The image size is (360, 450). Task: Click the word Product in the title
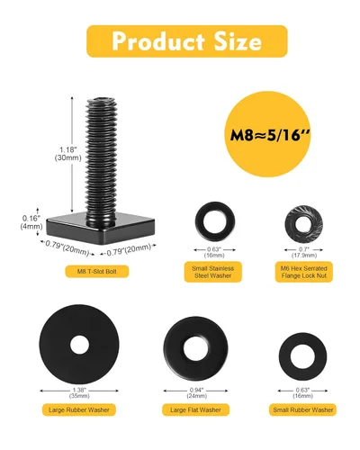point(158,41)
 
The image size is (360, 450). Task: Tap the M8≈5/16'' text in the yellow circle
point(270,135)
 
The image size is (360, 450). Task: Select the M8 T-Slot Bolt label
point(97,272)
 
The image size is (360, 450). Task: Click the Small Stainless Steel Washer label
point(212,272)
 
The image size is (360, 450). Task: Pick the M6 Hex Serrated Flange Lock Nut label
point(304,272)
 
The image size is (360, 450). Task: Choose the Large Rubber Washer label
point(79,409)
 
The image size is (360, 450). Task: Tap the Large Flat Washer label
point(195,409)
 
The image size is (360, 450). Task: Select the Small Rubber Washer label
point(303,409)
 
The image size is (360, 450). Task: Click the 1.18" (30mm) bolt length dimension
point(67,154)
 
